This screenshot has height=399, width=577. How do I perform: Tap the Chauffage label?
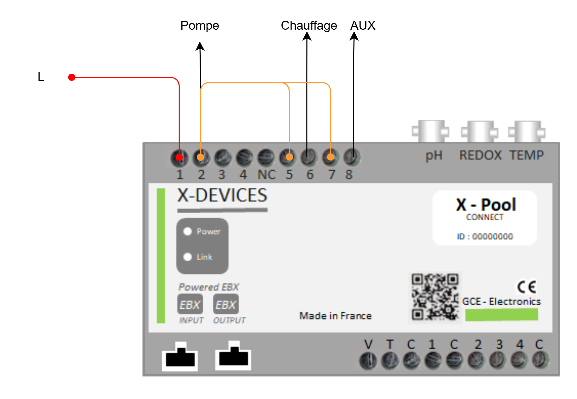click(309, 26)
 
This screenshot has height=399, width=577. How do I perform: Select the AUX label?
click(363, 25)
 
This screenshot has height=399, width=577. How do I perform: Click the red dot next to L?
click(72, 77)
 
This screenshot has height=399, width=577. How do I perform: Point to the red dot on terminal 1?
click(179, 157)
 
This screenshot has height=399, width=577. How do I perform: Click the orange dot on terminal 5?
click(289, 157)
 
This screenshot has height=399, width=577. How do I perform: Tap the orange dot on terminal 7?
click(331, 157)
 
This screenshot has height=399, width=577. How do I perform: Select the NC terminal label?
click(266, 175)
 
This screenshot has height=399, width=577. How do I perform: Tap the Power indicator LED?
click(188, 231)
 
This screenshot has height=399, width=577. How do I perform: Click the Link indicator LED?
click(188, 257)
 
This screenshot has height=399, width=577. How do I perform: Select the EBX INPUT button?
click(190, 304)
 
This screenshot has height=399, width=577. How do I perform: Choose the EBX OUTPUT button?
click(226, 304)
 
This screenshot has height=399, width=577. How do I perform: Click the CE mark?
click(527, 287)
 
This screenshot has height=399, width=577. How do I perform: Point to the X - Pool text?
click(486, 205)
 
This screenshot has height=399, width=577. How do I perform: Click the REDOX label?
click(480, 155)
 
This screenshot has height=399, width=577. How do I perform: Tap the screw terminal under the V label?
click(368, 360)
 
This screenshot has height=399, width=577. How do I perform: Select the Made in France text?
click(336, 316)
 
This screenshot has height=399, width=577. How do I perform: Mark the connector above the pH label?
click(430, 131)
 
